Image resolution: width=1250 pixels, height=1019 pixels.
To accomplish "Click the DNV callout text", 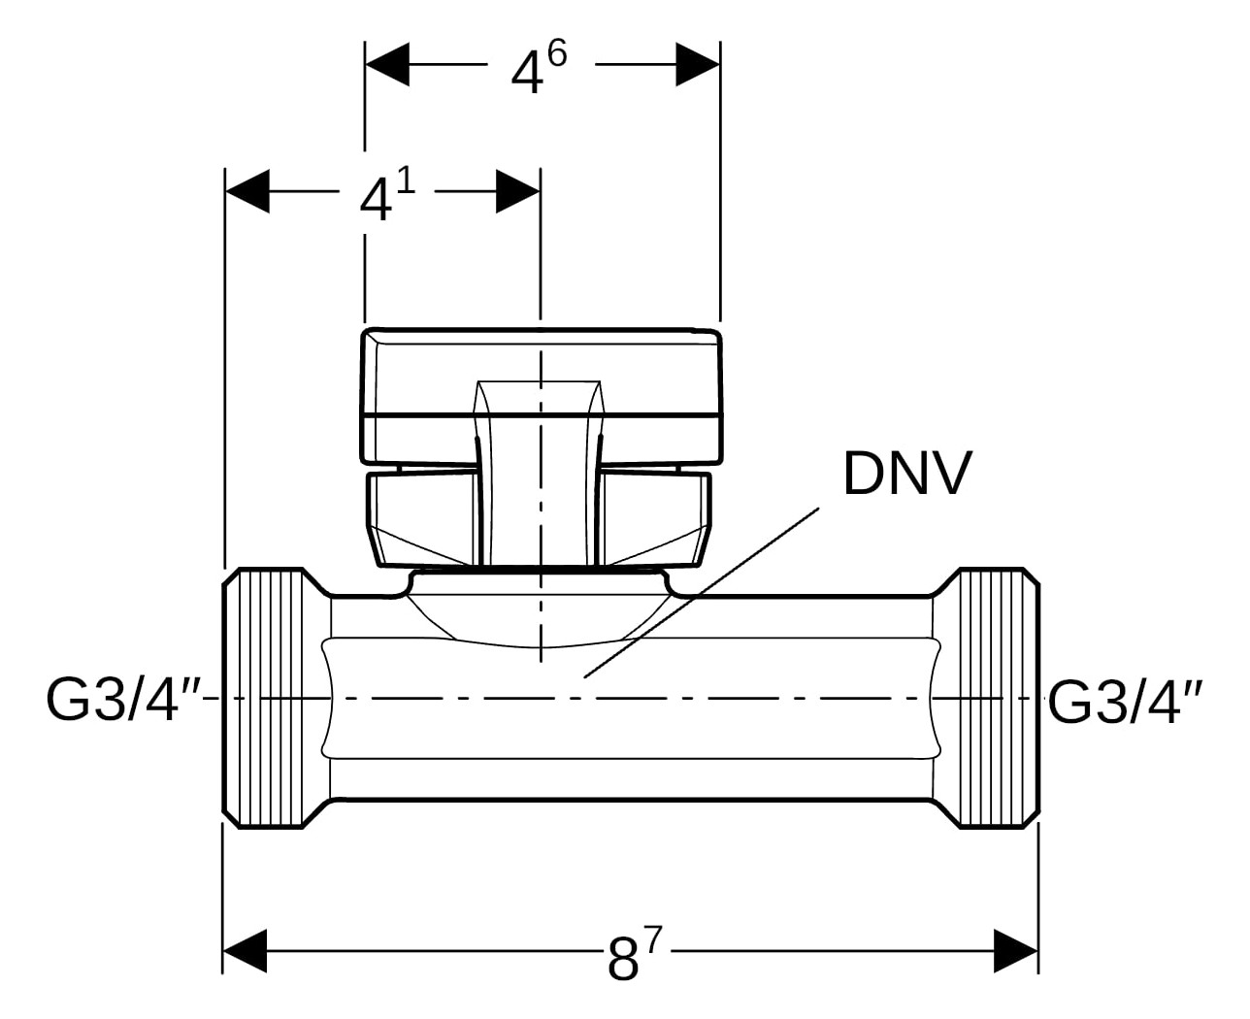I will pyautogui.click(x=906, y=475).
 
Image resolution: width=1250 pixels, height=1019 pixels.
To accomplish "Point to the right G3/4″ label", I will pyautogui.click(x=1127, y=700).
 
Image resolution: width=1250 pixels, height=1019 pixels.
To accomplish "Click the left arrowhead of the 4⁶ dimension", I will pyautogui.click(x=387, y=64).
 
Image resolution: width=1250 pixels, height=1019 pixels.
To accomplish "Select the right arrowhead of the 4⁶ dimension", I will pyautogui.click(x=698, y=64).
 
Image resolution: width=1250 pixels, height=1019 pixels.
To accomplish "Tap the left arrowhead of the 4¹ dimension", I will pyautogui.click(x=247, y=191).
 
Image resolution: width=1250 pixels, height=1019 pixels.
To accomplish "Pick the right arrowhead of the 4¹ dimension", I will pyautogui.click(x=517, y=191).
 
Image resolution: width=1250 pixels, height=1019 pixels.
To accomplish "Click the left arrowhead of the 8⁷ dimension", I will pyautogui.click(x=246, y=950).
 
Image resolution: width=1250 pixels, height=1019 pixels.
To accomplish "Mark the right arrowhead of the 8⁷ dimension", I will pyautogui.click(x=1016, y=950).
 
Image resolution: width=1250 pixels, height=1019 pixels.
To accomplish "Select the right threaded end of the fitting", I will pyautogui.click(x=998, y=699).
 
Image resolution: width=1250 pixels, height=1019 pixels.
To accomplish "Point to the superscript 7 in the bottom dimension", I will pyautogui.click(x=652, y=938).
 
